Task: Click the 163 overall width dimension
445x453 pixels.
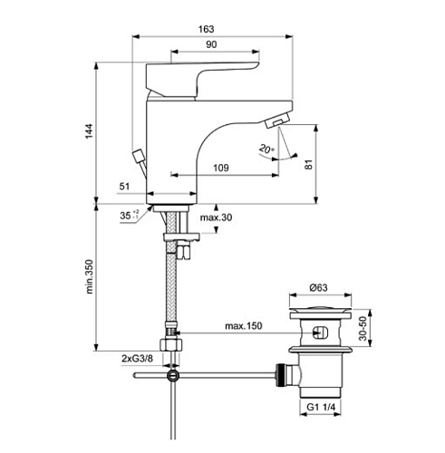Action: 206,29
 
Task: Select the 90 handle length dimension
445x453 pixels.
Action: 211,44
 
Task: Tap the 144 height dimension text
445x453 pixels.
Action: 89,131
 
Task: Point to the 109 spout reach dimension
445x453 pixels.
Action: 221,168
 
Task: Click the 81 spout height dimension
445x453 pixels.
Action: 308,165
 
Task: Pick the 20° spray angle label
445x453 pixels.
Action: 266,149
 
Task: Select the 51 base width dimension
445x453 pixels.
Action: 124,187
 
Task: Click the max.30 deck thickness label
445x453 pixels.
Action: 216,217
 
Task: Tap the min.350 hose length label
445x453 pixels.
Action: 90,276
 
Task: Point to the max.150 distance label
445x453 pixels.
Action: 244,326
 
